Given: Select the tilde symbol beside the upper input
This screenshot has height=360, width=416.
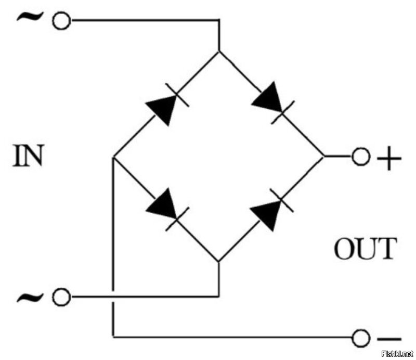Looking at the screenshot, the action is coord(30,17).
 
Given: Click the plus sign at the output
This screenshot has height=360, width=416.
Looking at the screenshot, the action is coord(389,158).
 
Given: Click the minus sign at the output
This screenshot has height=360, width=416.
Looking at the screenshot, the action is coord(389,339).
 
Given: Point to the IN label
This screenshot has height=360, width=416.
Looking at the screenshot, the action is coord(28,156).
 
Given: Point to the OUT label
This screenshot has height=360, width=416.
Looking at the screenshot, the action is coord(366,249).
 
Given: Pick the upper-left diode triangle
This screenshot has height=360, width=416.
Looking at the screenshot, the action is coord(163,108).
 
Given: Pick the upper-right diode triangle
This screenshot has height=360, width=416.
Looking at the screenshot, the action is coord(268,98).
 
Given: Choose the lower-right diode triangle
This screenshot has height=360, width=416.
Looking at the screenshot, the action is coord(267,215).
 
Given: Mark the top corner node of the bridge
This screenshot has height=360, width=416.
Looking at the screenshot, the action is coord(219,51).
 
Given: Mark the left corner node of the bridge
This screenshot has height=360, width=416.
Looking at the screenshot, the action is coord(113,157).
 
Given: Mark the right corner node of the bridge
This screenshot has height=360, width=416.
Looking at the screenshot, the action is coord(324,157).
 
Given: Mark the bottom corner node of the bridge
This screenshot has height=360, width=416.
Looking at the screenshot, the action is coord(219,262).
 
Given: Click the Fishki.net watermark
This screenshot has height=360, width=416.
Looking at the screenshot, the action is coord(397,354).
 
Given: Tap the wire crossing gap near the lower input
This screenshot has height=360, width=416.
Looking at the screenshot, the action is coord(113,297).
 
